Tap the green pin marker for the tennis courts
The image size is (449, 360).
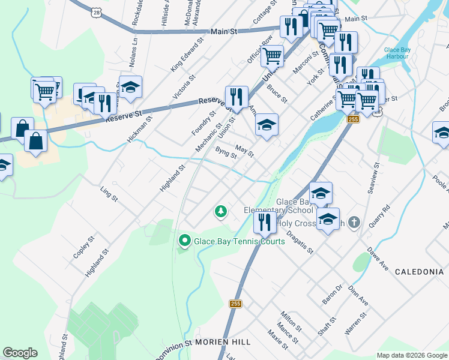pos(184,242)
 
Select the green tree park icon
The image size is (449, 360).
pos(221,211)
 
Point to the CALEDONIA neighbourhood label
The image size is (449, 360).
pos(419,272)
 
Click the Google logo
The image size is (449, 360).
pos(20,353)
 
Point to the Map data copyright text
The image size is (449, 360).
pos(412,355)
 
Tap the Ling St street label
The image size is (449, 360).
pos(109,193)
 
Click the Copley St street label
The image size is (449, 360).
pos(83,247)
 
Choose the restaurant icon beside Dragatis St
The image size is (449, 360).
pos(265,222)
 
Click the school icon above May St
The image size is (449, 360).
pos(267,125)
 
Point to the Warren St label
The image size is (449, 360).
pos(355,324)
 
